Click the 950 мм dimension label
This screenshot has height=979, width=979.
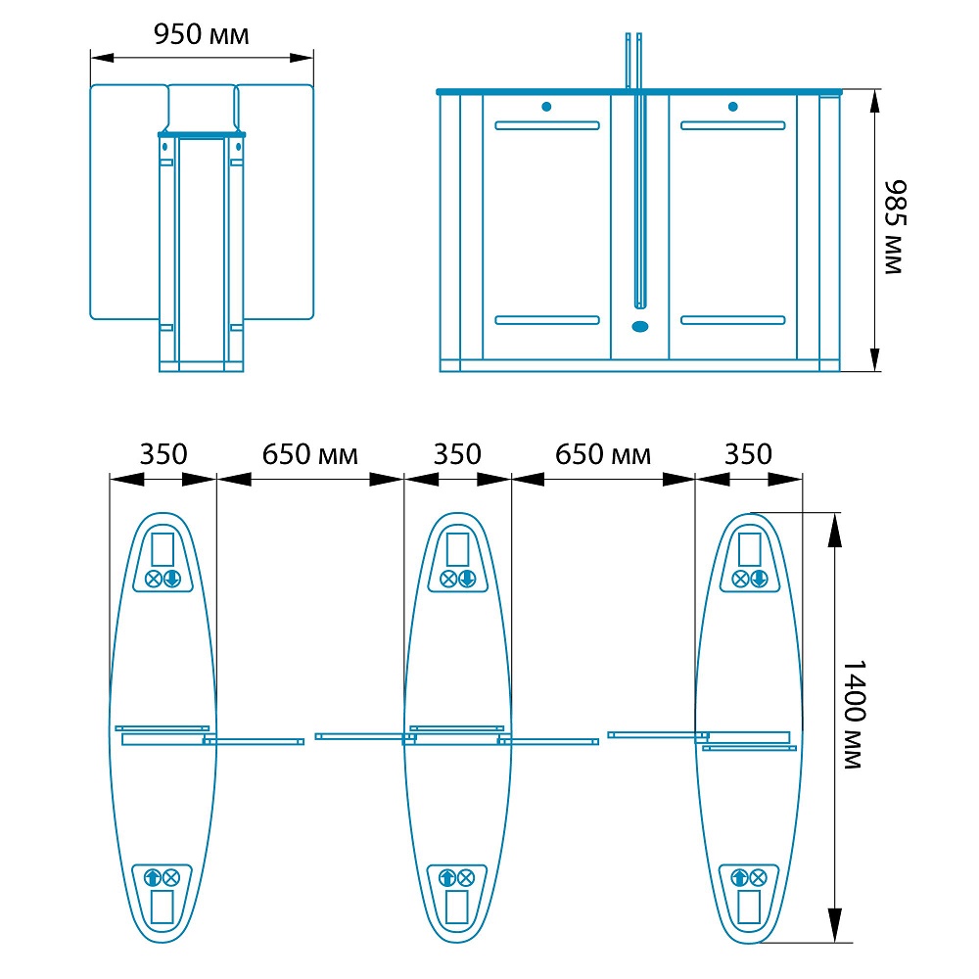pos(201,34)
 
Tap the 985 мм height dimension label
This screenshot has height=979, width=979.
pos(895,227)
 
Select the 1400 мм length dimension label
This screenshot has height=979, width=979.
pos(854,714)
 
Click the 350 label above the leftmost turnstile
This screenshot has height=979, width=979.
pos(163,454)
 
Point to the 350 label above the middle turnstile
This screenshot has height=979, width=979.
pos(457,454)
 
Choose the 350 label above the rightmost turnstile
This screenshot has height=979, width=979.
pos(748,454)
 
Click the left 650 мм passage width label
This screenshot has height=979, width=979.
pos(309,454)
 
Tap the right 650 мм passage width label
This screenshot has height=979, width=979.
pos(602,454)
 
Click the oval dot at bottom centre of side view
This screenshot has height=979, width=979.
pos(640,327)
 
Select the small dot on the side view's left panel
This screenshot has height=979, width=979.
pos(546,107)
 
